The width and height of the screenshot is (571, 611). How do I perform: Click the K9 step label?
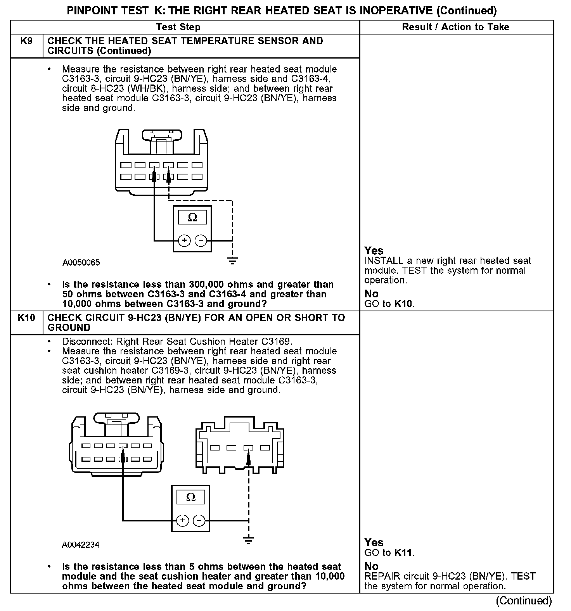point(26,41)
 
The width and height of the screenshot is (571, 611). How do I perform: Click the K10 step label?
point(26,318)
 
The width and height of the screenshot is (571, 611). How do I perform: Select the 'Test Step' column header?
point(178,27)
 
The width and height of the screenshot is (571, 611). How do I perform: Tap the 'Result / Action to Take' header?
point(456,27)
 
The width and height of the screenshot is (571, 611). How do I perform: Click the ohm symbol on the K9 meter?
point(192,218)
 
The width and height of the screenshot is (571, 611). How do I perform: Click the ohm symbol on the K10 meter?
point(191,497)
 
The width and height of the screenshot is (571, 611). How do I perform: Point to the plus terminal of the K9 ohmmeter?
point(184,241)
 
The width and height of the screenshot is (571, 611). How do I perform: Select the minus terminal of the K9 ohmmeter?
point(201,241)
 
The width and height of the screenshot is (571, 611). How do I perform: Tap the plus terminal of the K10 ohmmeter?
point(183,520)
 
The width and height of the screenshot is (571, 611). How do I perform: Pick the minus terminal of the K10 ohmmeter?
point(199,520)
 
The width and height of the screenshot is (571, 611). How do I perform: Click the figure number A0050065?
point(81,263)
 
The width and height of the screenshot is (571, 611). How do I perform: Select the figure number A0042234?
point(81,545)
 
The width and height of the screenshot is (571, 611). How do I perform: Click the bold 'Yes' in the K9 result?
point(374,251)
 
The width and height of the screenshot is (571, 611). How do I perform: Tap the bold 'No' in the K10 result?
point(372,566)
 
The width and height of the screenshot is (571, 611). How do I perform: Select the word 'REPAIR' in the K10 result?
point(382,576)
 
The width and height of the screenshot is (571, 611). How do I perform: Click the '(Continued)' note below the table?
point(524,601)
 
